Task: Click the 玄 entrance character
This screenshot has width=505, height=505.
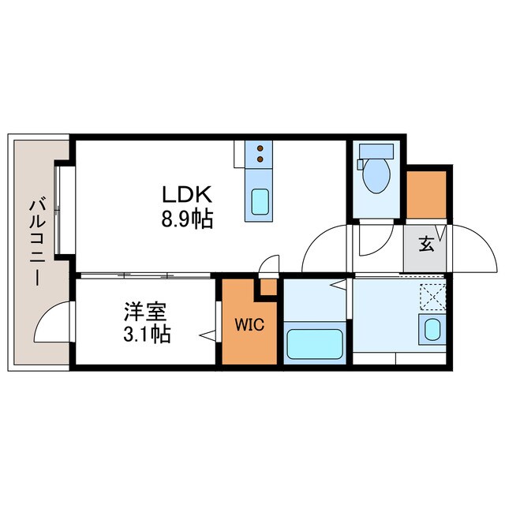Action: coord(426,245)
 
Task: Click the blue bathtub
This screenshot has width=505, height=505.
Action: coord(314,344)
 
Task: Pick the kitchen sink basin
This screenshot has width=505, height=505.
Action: coord(259,204)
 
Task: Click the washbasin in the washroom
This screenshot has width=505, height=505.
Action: coord(432,330)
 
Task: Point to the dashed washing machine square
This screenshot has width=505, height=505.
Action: coord(432,296)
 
